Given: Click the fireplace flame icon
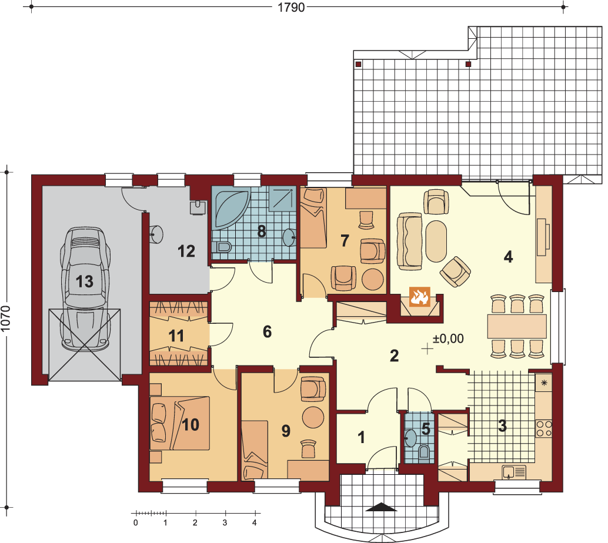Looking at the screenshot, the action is (420, 297).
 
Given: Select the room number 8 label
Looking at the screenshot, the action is (262, 232).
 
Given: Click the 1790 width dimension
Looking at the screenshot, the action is (291, 7).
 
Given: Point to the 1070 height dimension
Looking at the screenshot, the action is (6, 319).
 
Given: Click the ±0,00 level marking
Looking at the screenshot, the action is (448, 338).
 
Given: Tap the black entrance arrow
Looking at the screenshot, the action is (382, 507).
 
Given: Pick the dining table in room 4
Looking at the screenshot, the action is (517, 326).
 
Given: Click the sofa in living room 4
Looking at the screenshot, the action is (409, 241).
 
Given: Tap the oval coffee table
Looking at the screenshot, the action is (436, 241).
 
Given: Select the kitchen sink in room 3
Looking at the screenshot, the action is (514, 472).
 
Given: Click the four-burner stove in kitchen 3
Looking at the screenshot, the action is (544, 428).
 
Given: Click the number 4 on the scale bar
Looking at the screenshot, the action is (255, 523).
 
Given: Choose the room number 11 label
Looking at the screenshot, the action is (176, 336).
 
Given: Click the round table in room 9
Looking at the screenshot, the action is (313, 417).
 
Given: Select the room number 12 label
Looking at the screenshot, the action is (186, 251).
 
